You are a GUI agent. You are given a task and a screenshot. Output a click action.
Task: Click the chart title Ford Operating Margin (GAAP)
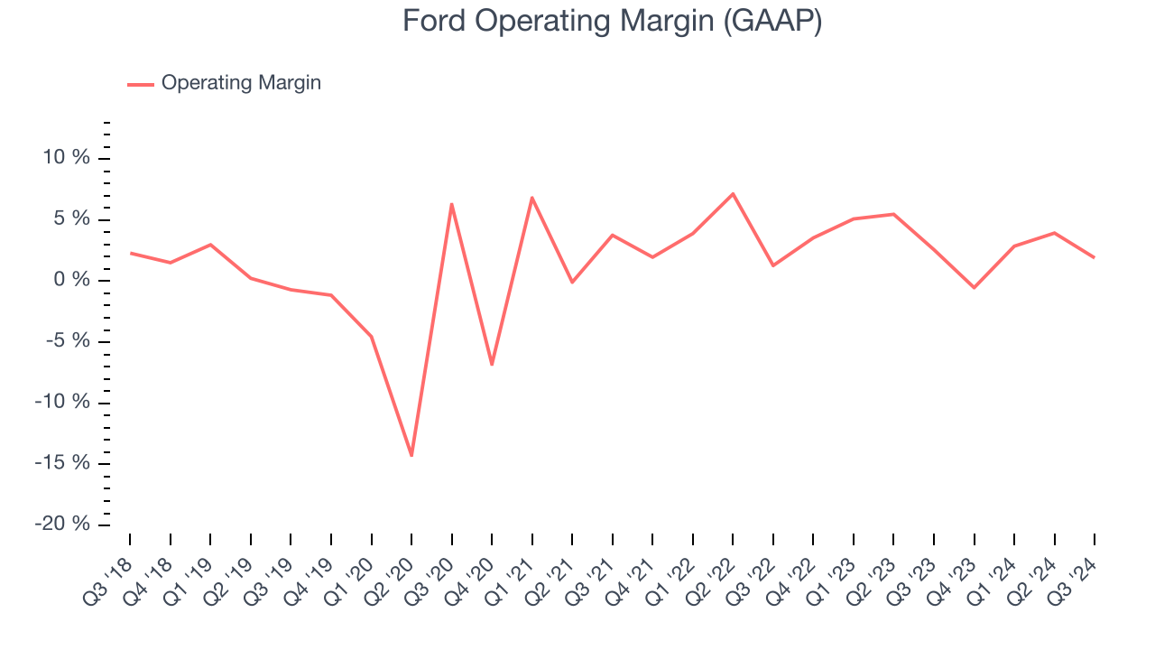coord(612,21)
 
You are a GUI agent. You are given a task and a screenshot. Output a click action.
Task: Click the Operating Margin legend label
coord(241,83)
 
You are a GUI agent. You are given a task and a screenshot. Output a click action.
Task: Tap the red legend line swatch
coord(141,84)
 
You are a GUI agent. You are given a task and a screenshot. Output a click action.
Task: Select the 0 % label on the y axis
coord(73,280)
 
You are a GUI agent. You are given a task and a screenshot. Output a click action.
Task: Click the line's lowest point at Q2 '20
coord(411,455)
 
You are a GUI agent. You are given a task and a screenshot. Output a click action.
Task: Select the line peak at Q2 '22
coord(733,193)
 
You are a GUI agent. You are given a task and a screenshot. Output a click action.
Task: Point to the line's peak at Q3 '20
coord(451,204)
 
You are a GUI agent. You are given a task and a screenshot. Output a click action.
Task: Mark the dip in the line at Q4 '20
coord(492,365)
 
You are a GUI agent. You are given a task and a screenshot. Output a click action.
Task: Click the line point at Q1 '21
coord(532,197)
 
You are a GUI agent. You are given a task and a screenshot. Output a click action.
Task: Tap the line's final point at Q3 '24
coord(1095,257)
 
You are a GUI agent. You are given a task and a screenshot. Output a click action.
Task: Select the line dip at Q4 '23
coord(974,288)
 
